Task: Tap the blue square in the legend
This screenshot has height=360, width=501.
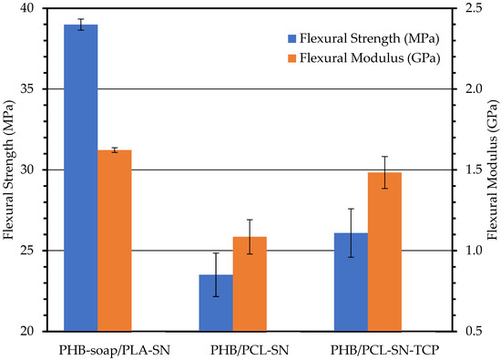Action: click(291, 39)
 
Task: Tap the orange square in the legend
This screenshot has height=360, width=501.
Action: click(291, 58)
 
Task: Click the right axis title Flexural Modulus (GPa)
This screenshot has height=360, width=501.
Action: click(492, 170)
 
